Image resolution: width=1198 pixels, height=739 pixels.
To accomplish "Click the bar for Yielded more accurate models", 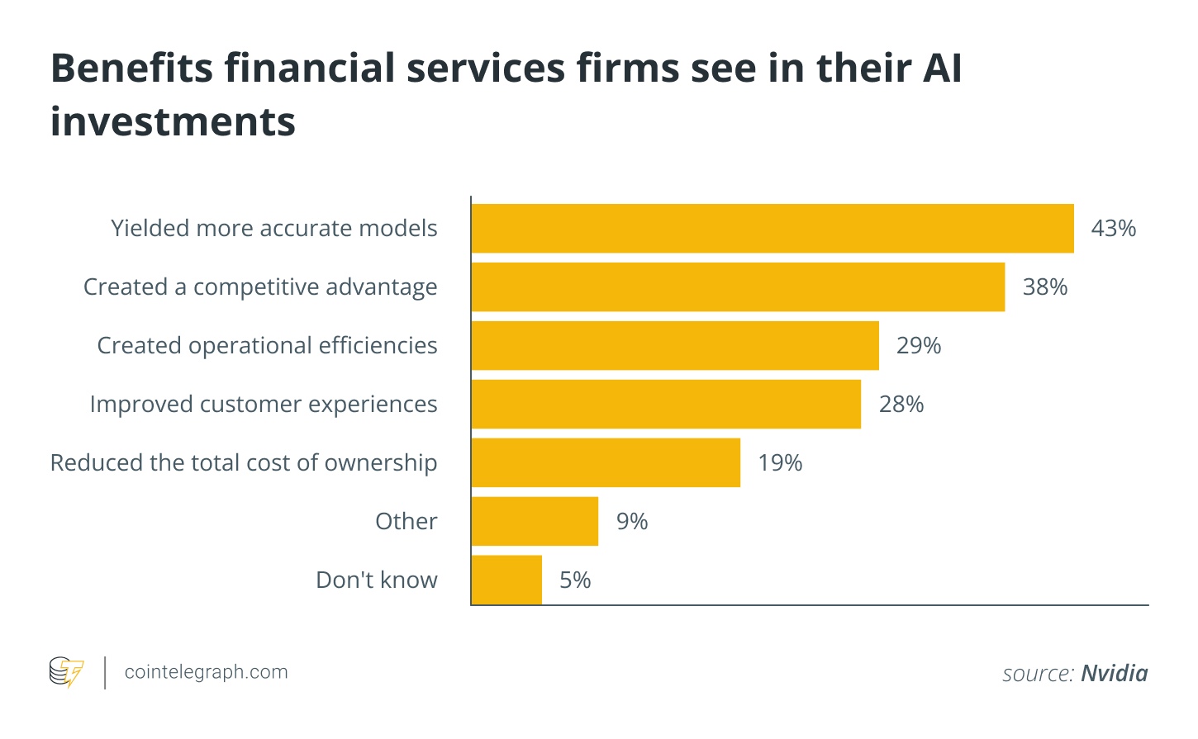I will click(773, 229).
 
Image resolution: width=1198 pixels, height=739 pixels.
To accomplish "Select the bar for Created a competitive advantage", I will click(738, 287).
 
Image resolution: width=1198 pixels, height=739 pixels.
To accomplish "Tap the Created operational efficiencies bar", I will click(675, 346).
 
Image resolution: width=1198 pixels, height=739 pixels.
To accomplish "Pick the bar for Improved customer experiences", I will click(666, 405).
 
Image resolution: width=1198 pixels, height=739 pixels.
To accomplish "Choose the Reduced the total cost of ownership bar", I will click(606, 463).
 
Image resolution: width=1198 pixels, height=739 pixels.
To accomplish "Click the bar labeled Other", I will click(535, 522).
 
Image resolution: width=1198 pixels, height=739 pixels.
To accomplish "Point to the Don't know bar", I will click(506, 580).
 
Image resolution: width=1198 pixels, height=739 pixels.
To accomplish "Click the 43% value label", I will click(1113, 229).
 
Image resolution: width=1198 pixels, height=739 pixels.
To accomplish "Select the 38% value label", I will click(1044, 287).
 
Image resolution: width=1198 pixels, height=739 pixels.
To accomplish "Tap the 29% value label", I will click(918, 346).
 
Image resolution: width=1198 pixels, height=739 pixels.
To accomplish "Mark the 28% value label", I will click(901, 405).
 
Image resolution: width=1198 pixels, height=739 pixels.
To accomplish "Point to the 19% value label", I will click(779, 463).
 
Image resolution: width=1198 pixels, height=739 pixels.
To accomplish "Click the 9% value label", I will click(631, 522).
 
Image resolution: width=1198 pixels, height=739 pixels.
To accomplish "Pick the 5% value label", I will click(575, 580).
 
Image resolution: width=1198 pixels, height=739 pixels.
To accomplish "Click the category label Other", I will click(406, 522).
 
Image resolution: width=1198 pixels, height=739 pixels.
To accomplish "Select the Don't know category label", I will click(376, 580).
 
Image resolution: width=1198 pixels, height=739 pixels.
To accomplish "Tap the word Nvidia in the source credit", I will click(1114, 674).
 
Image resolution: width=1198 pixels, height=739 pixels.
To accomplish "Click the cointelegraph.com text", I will click(206, 672).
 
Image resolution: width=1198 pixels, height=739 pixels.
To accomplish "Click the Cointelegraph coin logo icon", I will click(66, 672).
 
